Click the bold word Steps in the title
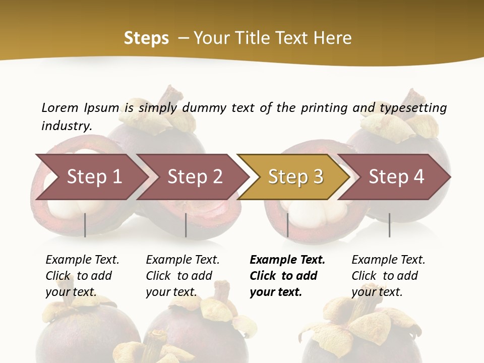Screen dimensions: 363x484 (146, 38)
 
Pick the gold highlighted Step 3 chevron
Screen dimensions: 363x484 (295, 177)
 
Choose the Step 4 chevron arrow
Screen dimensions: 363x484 (396, 177)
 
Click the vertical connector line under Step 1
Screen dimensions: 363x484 (85, 225)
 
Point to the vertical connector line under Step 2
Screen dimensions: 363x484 (186, 225)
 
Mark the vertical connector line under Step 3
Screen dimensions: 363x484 (287, 225)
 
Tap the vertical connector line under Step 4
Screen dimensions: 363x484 (389, 225)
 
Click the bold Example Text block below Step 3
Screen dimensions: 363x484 (287, 276)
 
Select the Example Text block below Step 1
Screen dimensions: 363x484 (82, 276)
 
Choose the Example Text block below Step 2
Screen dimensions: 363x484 (183, 276)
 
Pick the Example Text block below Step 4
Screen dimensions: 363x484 (388, 276)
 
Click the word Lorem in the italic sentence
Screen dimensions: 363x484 (60, 108)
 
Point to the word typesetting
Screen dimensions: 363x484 (413, 108)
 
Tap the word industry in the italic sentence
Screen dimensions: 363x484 (67, 126)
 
